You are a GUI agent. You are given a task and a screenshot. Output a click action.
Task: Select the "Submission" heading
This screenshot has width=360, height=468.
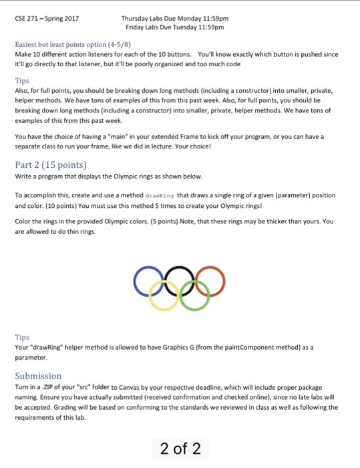pos(38,376)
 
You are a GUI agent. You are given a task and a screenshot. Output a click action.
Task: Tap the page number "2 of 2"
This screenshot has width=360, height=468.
pos(180,447)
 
